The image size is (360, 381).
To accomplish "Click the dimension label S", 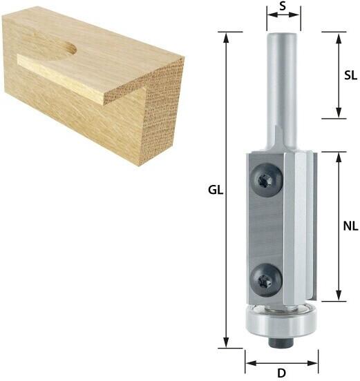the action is [283, 6].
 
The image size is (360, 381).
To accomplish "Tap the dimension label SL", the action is [350, 76].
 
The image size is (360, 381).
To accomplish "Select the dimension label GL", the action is [216, 190].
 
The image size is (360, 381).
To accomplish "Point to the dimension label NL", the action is [351, 226].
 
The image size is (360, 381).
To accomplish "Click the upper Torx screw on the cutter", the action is [267, 181].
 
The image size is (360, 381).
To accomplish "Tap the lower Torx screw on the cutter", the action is [266, 281].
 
